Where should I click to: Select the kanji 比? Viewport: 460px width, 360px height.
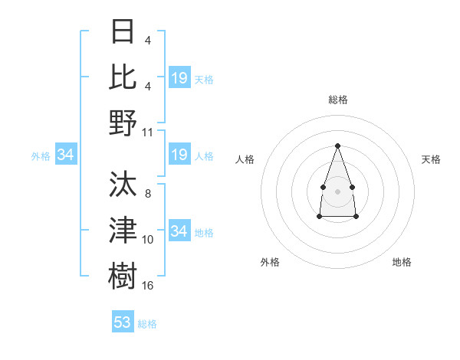pos(123,77)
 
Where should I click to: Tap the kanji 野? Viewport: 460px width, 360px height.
pos(123,123)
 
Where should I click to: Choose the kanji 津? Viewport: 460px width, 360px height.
pos(123,231)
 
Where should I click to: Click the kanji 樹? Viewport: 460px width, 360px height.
pos(123,276)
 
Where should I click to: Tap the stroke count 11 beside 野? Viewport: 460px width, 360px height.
pos(148,132)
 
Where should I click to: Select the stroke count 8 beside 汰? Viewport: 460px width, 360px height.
pos(147,194)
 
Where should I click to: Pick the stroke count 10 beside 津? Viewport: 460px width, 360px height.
pos(148,240)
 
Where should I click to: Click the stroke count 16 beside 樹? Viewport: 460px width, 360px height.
pos(148,285)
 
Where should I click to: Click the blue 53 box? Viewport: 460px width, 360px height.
pos(123,322)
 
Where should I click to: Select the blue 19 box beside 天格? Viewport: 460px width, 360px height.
pos(179,77)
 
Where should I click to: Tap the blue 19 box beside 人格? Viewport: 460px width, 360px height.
pos(179,155)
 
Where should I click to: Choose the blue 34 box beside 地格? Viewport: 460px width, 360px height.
pos(179,231)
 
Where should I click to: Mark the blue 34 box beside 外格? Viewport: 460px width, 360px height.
pos(66,155)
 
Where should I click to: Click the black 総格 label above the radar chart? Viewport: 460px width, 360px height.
pos(337,100)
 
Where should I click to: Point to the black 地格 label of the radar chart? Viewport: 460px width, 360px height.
pos(402,262)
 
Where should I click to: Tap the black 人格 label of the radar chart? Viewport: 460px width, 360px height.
pos(245,159)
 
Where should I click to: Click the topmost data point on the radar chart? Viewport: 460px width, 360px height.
pos(337,146)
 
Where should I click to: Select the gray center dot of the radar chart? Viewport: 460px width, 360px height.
pos(337,191)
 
